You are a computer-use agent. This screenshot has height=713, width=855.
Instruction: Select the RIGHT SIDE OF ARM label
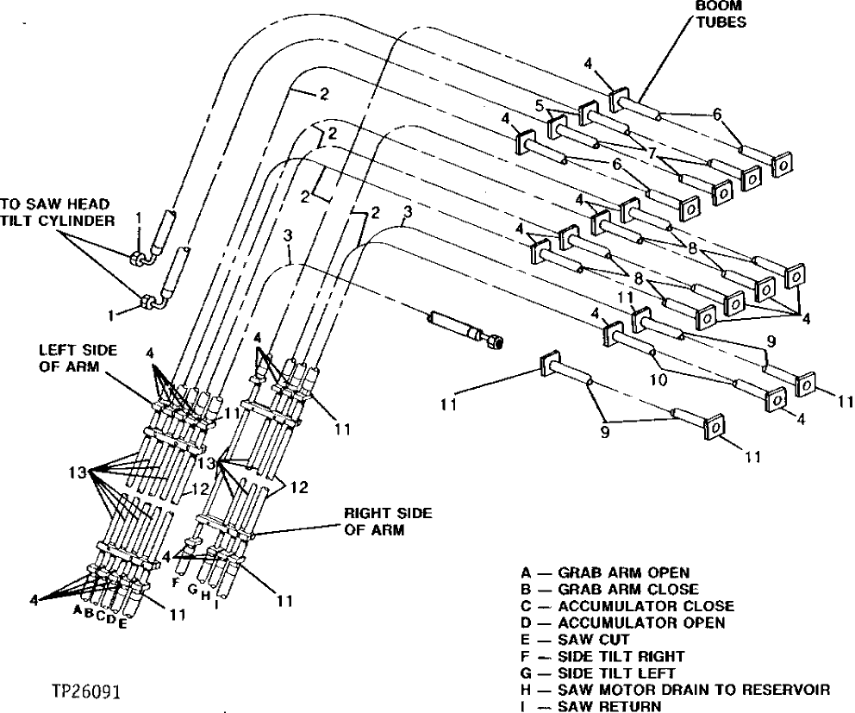389,522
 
